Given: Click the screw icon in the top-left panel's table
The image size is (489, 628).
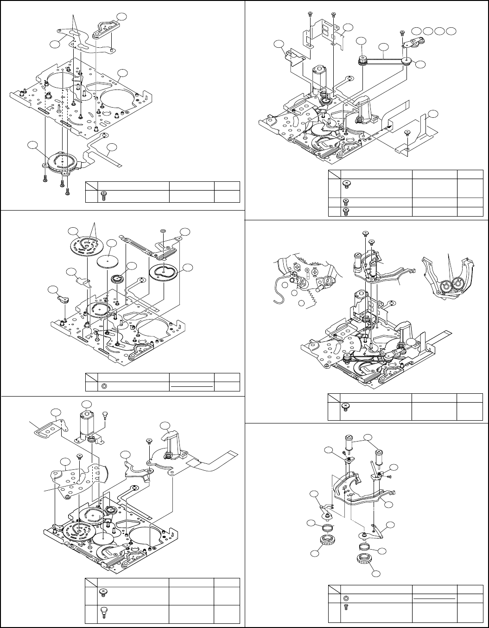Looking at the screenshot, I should (104, 196).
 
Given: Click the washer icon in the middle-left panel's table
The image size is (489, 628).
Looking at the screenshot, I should (104, 385).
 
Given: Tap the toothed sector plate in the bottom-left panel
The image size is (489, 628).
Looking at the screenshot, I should (76, 481).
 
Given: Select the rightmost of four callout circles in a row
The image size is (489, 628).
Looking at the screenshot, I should (452, 30).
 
